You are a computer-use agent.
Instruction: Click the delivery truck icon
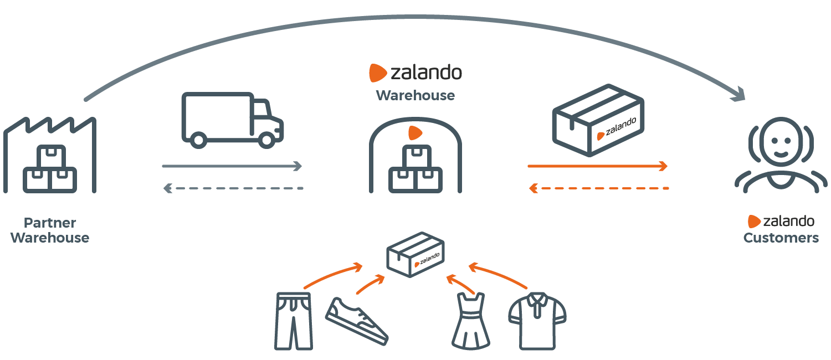click(x=232, y=120)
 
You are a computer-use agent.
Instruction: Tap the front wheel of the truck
click(x=266, y=140)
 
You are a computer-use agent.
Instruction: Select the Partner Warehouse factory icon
click(x=50, y=155)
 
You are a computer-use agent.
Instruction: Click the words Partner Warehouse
click(x=50, y=230)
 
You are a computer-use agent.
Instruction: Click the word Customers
click(x=781, y=238)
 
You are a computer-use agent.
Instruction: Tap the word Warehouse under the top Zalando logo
click(x=415, y=96)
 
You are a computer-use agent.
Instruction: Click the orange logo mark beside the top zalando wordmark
click(x=378, y=73)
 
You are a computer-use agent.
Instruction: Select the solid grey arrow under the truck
click(x=232, y=166)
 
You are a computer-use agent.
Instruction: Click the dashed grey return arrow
click(x=233, y=188)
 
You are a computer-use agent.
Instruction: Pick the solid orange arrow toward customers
click(x=598, y=166)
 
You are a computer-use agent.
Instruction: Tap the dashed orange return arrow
click(x=599, y=188)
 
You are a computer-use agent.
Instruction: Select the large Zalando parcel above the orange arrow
click(x=598, y=120)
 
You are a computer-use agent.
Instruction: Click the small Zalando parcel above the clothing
click(x=416, y=255)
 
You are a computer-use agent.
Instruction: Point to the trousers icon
click(x=293, y=321)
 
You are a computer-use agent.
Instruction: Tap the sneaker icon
click(x=357, y=321)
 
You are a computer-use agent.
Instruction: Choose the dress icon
click(x=471, y=321)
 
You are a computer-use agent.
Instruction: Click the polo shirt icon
click(x=537, y=321)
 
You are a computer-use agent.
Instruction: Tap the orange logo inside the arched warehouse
click(x=415, y=133)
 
